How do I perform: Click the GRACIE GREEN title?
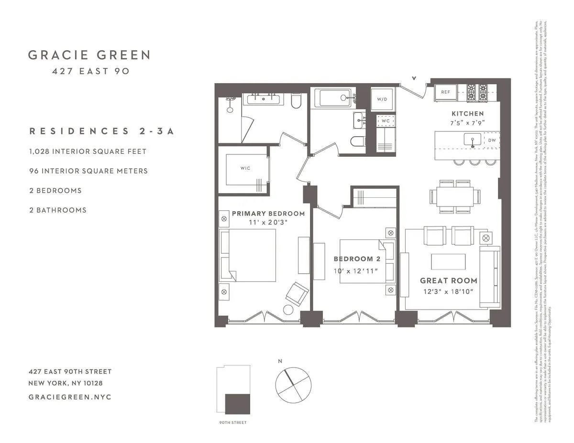(89, 55)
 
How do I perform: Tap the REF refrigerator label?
(445, 92)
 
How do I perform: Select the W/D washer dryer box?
(382, 99)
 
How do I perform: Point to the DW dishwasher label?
(492, 140)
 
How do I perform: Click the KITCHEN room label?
(468, 114)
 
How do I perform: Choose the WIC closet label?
(245, 168)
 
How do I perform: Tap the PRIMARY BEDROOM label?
(268, 214)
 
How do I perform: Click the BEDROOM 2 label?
(357, 259)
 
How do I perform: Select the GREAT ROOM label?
(449, 281)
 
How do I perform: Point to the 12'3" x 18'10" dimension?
(449, 292)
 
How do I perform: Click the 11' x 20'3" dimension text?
(268, 223)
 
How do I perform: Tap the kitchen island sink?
(473, 140)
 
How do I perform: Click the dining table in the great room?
(452, 196)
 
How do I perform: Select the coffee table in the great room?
(448, 261)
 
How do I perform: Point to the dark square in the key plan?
(238, 403)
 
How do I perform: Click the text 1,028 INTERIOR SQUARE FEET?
(88, 151)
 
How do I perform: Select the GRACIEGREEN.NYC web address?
(70, 397)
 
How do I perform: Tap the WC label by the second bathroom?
(386, 121)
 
